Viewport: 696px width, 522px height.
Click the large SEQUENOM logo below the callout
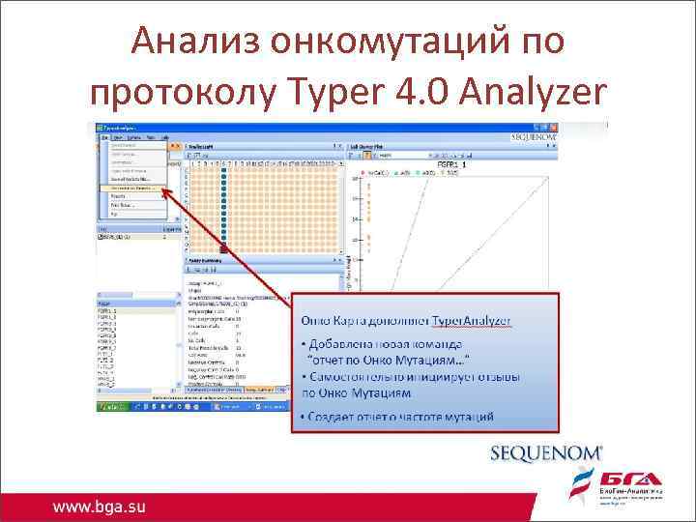point(546,452)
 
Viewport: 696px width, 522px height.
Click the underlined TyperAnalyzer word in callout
point(471,320)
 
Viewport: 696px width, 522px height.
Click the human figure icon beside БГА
point(584,481)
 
